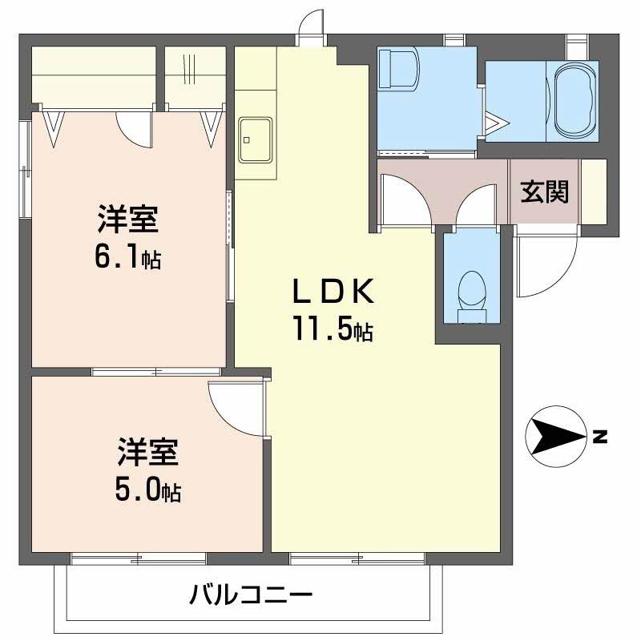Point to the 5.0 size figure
tap(148, 490)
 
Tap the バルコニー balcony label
tap(251, 595)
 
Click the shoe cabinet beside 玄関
tap(594, 191)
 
